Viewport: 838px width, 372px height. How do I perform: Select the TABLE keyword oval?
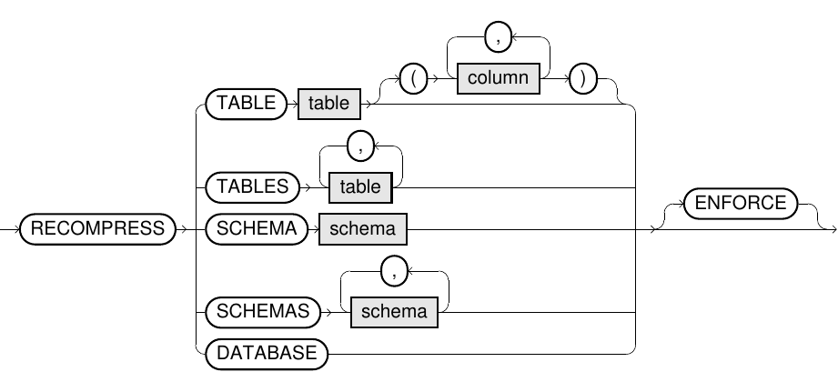pos(246,103)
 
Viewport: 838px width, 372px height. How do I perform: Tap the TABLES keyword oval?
pos(252,187)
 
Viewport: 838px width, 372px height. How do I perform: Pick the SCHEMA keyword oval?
pos(256,229)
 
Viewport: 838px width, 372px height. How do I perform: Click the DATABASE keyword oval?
pos(267,353)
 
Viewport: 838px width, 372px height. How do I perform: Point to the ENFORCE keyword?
pos(740,203)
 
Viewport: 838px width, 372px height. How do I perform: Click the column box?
pos(498,78)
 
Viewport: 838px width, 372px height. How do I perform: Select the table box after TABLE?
pos(328,103)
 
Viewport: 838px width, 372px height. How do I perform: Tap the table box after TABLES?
pos(360,187)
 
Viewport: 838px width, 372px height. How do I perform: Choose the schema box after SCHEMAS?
pos(394,311)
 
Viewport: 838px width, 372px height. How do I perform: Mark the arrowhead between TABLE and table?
pos(291,103)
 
